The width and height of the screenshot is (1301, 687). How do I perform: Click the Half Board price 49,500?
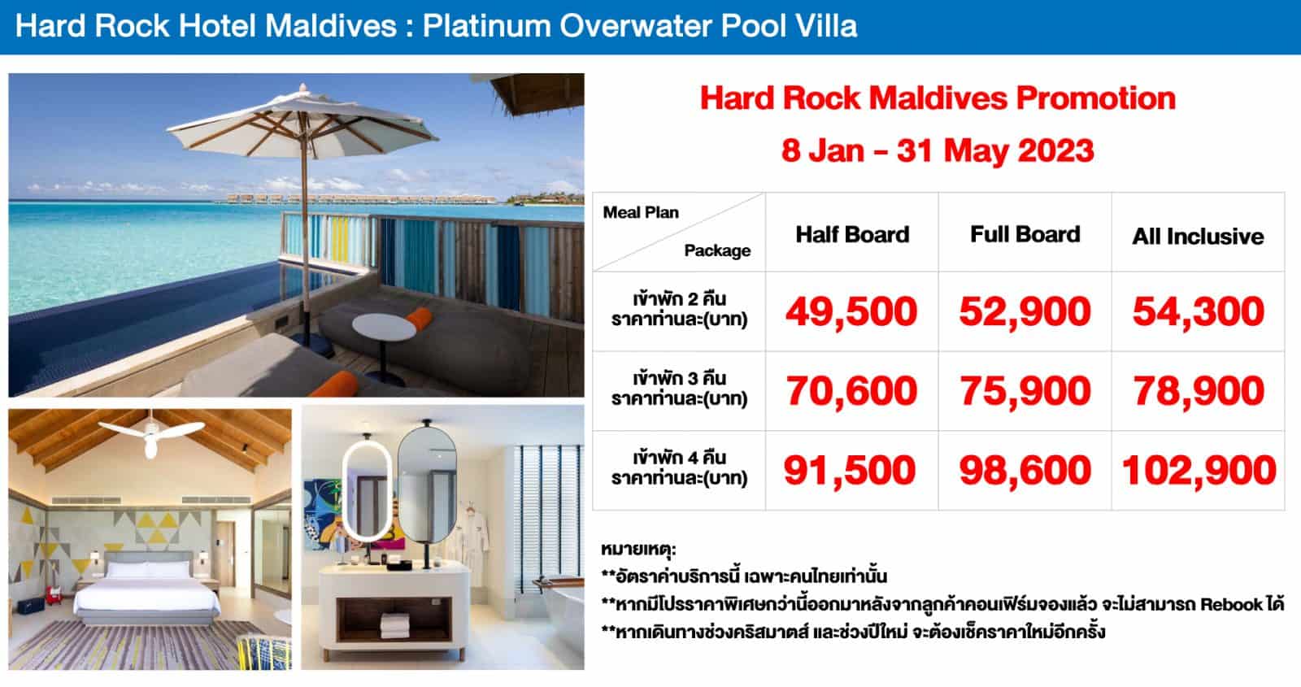pyautogui.click(x=851, y=312)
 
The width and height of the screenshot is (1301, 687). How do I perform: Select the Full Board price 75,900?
pyautogui.click(x=1025, y=391)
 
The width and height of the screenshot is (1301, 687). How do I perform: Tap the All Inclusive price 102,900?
pyautogui.click(x=1199, y=471)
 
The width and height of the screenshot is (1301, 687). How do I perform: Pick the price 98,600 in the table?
pyautogui.click(x=1025, y=471)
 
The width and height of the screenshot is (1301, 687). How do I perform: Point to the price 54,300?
pyautogui.click(x=1199, y=312)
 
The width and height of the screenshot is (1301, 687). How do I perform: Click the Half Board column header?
pyautogui.click(x=852, y=235)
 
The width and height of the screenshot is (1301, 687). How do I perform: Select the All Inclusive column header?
pyautogui.click(x=1198, y=237)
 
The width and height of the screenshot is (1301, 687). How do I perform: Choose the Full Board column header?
pyautogui.click(x=1025, y=234)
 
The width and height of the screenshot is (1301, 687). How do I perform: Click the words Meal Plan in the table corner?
pyautogui.click(x=641, y=212)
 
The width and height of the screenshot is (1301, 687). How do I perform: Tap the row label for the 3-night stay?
pyautogui.click(x=679, y=389)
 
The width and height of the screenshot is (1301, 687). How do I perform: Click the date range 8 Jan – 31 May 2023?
pyautogui.click(x=938, y=150)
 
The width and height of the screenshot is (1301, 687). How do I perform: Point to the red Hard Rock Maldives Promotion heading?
pyautogui.click(x=938, y=98)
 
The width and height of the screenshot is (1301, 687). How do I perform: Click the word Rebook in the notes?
pyautogui.click(x=1234, y=605)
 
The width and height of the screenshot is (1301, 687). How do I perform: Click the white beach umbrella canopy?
pyautogui.click(x=302, y=122)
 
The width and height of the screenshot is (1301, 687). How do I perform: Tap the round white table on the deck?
pyautogui.click(x=384, y=326)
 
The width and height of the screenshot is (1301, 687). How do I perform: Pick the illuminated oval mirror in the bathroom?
pyautogui.click(x=366, y=491)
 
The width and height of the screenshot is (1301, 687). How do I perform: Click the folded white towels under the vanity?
pyautogui.click(x=394, y=625)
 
